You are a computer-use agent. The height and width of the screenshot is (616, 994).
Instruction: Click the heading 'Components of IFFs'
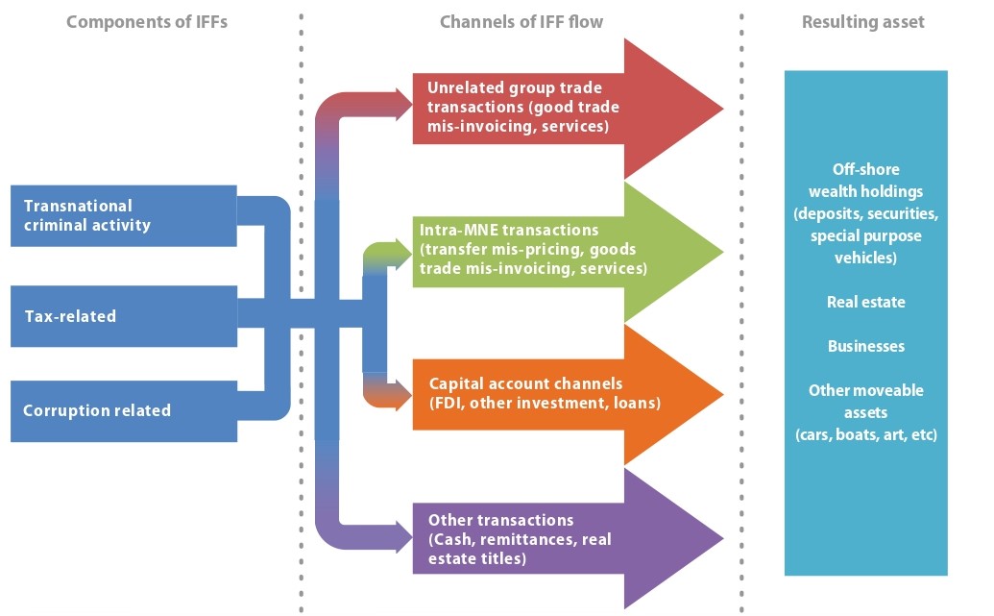(148, 21)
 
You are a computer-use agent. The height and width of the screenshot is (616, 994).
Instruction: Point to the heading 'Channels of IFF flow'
(521, 21)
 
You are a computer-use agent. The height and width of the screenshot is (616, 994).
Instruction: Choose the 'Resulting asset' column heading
(862, 21)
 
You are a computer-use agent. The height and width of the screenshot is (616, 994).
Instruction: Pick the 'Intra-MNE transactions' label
(508, 231)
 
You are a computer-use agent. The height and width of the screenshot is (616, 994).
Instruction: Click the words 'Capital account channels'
(525, 383)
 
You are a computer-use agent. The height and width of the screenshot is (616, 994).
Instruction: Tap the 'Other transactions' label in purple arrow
(500, 519)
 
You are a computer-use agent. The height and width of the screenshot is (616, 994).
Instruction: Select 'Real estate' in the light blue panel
(865, 302)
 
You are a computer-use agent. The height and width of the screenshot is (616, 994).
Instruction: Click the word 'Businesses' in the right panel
(865, 346)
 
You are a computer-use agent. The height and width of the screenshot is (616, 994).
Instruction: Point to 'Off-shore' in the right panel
(865, 168)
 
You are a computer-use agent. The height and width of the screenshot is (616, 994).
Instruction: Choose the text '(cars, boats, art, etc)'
(865, 434)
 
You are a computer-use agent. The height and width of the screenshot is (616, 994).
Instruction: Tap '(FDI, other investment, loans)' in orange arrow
(545, 403)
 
